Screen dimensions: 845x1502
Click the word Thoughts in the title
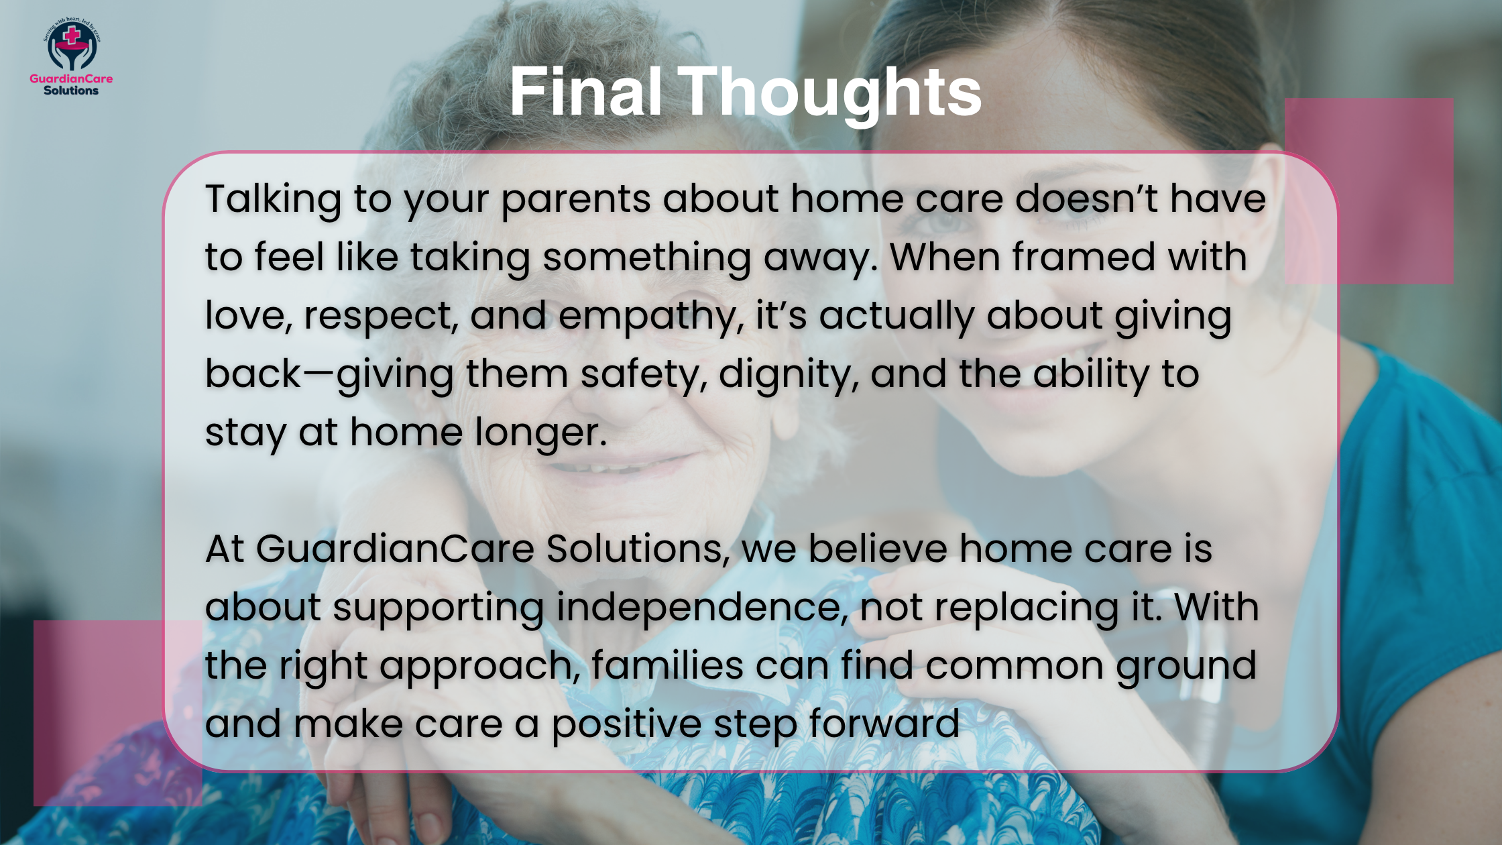(x=831, y=94)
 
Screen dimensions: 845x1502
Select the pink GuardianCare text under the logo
(x=71, y=78)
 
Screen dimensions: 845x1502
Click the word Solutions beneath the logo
(x=71, y=91)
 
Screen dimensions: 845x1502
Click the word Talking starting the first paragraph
(x=273, y=200)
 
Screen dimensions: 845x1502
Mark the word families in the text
(x=667, y=666)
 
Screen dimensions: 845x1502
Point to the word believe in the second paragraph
(x=878, y=549)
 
